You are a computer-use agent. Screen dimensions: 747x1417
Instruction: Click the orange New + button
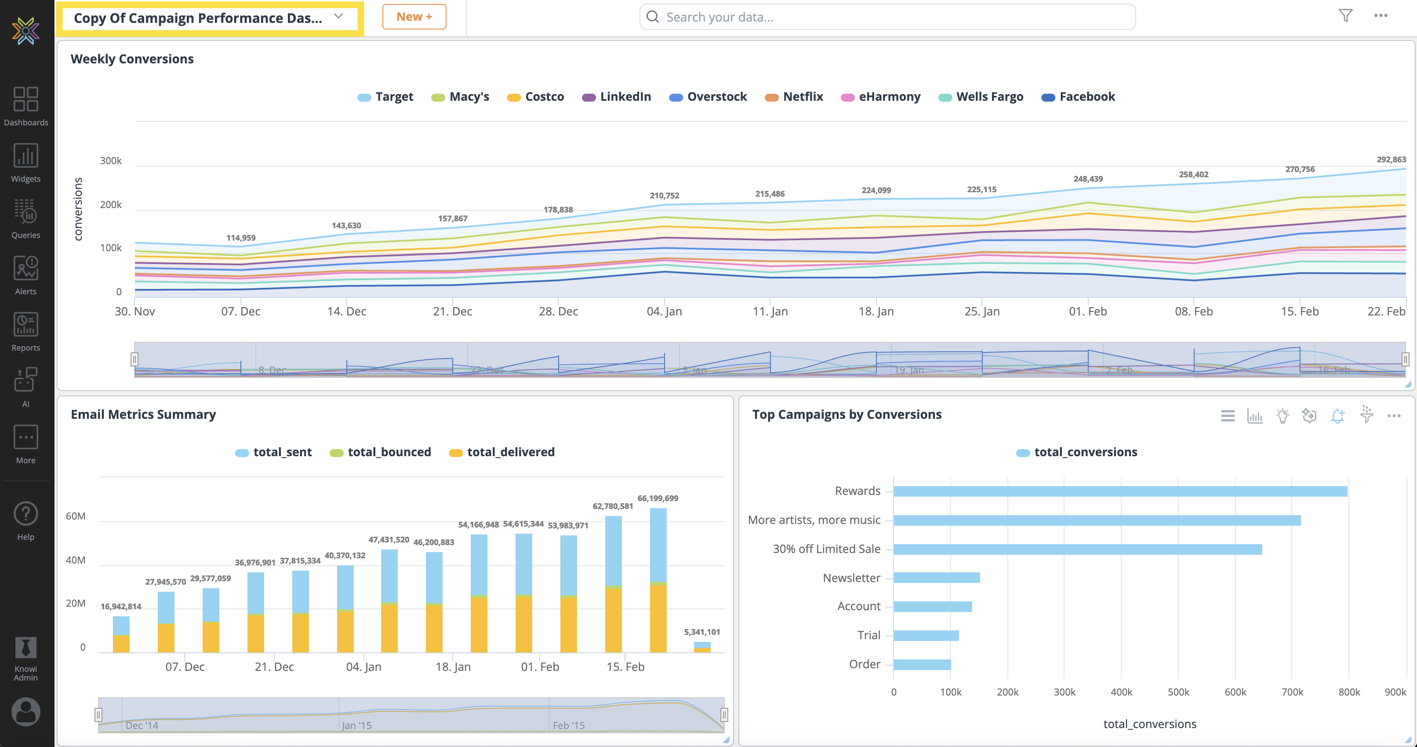pos(414,17)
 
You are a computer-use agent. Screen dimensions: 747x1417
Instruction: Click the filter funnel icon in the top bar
pos(1345,15)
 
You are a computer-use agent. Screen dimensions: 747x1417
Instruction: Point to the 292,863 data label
pos(1391,160)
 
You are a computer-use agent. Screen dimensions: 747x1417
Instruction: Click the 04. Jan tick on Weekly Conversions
pos(664,311)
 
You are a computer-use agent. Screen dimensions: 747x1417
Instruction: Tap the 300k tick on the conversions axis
pos(111,161)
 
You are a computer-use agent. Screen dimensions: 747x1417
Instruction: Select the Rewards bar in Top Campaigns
pos(1120,491)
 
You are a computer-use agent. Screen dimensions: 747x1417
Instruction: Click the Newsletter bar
pos(936,578)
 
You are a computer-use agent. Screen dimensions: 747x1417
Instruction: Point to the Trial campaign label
pos(868,635)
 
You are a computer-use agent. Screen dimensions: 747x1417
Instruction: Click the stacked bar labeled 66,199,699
pos(658,581)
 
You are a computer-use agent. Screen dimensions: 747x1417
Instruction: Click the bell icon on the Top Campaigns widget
pos(1337,416)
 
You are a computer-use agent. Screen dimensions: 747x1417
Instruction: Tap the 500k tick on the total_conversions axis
pos(1178,692)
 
